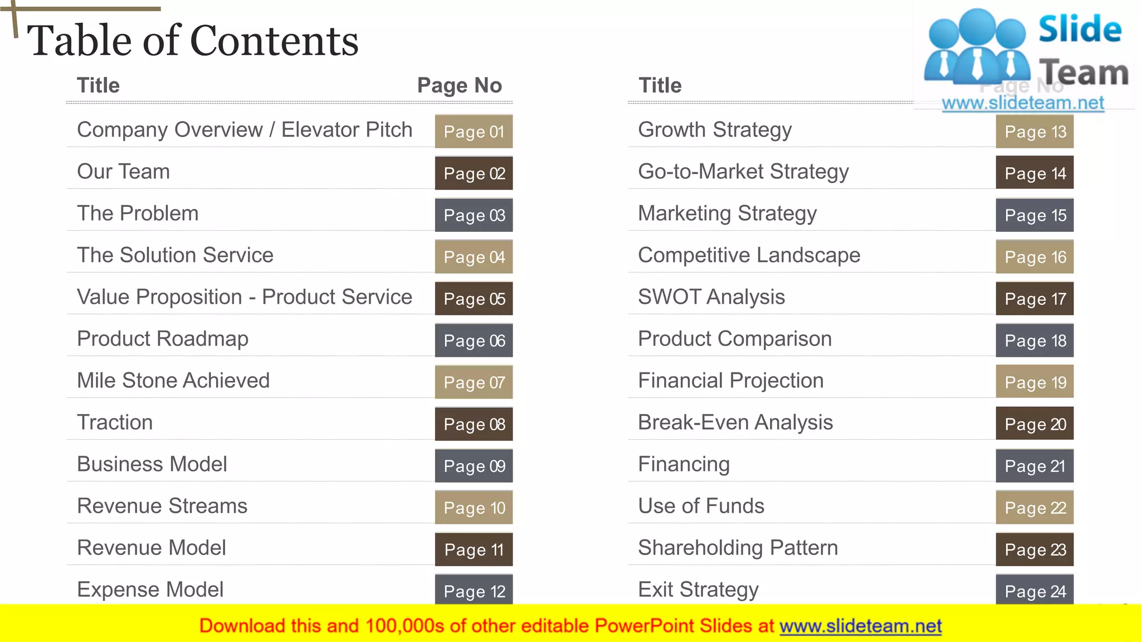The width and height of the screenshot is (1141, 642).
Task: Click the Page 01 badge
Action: (x=474, y=132)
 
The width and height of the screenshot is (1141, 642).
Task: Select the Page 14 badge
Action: (x=1035, y=173)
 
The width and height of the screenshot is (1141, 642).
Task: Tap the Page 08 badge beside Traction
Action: (x=474, y=424)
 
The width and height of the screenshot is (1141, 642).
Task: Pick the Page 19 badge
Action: (x=1035, y=382)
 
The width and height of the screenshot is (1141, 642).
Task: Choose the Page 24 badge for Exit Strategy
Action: (x=1035, y=590)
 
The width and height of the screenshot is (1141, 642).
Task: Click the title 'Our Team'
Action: (x=123, y=172)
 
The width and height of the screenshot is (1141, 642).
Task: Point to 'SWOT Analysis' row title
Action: (x=711, y=297)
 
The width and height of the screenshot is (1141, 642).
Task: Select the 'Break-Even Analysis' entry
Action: (x=735, y=422)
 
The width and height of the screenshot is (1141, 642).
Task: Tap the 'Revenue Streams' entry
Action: (x=162, y=506)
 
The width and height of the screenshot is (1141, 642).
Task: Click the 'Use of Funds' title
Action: (x=701, y=506)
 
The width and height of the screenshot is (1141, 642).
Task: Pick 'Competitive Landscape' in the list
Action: (x=749, y=255)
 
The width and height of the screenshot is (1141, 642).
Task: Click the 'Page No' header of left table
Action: (x=459, y=85)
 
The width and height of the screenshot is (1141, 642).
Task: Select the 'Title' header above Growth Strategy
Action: (x=660, y=85)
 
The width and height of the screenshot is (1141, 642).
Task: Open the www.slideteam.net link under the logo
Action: (x=1022, y=103)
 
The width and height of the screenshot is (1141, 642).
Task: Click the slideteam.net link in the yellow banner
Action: (x=860, y=626)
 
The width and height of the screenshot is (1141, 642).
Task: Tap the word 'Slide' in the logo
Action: (x=1080, y=29)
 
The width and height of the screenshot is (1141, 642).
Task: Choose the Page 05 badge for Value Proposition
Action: (x=474, y=299)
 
